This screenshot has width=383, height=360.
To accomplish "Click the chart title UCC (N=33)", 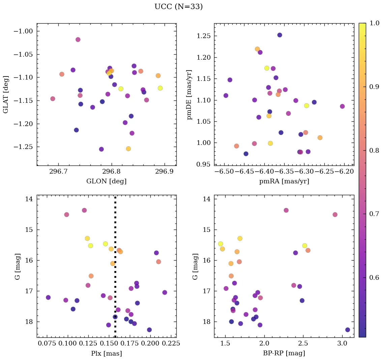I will (x=178, y=7).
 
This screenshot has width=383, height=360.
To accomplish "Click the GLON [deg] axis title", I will (x=107, y=181).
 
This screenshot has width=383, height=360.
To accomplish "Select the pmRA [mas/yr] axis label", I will (x=284, y=181).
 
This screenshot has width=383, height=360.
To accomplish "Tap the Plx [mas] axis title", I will (x=107, y=354).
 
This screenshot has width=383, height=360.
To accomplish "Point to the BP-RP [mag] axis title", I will (x=284, y=354).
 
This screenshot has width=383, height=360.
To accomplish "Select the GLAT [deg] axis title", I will (x=6, y=94).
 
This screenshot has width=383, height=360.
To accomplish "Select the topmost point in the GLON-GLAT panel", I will (x=78, y=39).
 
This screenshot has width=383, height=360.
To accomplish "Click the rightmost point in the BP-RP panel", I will (x=348, y=330).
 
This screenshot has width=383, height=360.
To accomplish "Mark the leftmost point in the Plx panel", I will (x=48, y=297).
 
